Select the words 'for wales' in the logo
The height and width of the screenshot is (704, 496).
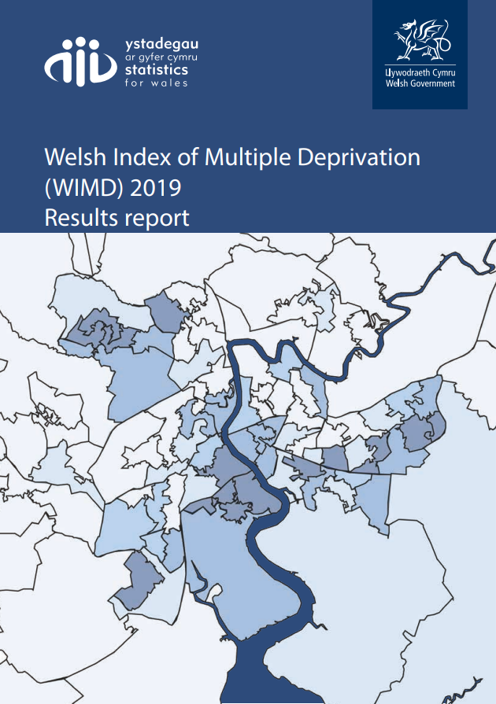coord(157,82)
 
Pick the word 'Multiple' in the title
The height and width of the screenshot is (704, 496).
coord(250,157)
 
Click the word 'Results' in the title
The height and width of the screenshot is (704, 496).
coord(82,217)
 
